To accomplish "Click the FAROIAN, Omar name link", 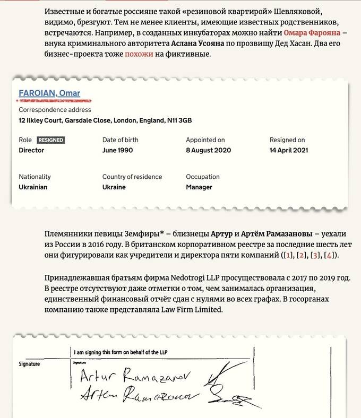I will [49, 93].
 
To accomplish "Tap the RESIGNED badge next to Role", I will [51, 140].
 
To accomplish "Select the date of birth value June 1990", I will [117, 150].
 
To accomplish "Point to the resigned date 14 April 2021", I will [289, 150].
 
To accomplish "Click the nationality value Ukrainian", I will [33, 187].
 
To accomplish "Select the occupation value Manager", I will [199, 187].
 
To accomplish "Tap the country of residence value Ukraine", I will [114, 187].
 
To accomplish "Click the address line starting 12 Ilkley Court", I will [105, 120].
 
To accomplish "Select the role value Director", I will [31, 150].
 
